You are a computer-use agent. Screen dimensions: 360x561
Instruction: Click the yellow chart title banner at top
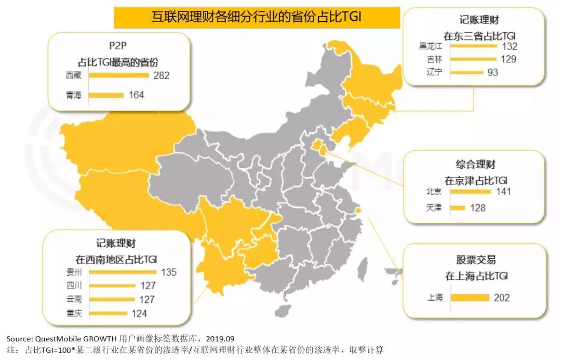[x=257, y=17]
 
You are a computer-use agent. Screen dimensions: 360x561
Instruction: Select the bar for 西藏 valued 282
[x=119, y=76]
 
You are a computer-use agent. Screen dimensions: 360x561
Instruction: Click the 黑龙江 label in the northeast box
[x=430, y=46]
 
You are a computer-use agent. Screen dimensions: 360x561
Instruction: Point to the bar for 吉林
[x=473, y=59]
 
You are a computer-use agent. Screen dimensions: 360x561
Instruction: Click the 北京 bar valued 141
[x=471, y=192]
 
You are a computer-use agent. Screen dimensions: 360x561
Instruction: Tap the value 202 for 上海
[x=502, y=298]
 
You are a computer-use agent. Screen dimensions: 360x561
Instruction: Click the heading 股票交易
[x=476, y=260]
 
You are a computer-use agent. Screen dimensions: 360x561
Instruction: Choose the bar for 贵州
[x=123, y=272]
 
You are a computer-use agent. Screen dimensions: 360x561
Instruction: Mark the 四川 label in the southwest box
[x=68, y=286]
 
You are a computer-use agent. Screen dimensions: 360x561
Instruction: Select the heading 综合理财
[x=476, y=165]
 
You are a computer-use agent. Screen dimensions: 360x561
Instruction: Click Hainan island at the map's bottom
[x=283, y=311]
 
